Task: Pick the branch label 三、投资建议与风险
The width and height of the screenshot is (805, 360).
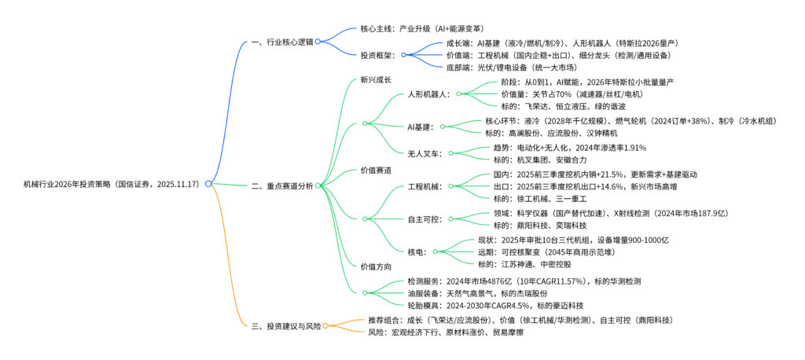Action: pyautogui.click(x=284, y=325)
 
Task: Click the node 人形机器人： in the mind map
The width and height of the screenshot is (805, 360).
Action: pyautogui.click(x=428, y=94)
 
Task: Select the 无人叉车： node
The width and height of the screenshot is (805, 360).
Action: pyautogui.click(x=425, y=153)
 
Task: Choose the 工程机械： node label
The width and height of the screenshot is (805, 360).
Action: pyautogui.click(x=425, y=186)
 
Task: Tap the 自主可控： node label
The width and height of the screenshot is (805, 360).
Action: pyautogui.click(x=425, y=219)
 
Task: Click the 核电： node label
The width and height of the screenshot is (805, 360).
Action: pyautogui.click(x=417, y=252)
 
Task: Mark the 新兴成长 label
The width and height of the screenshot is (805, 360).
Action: pyautogui.click(x=376, y=79)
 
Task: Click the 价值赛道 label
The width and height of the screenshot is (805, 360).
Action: pyautogui.click(x=376, y=170)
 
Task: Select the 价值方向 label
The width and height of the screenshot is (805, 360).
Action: pyautogui.click(x=376, y=266)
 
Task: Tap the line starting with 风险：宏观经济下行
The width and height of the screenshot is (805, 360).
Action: pyautogui.click(x=446, y=332)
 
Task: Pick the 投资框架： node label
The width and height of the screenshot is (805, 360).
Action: pyautogui.click(x=378, y=55)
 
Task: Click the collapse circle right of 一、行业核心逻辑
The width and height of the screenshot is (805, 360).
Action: pyautogui.click(x=318, y=42)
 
